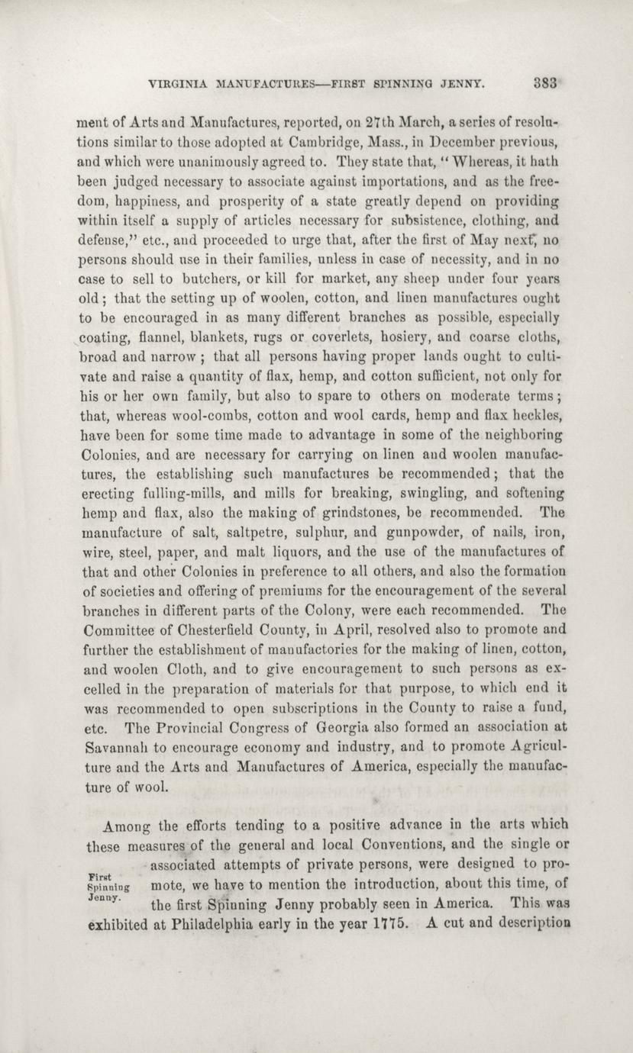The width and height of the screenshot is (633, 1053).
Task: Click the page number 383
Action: [x=548, y=83]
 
